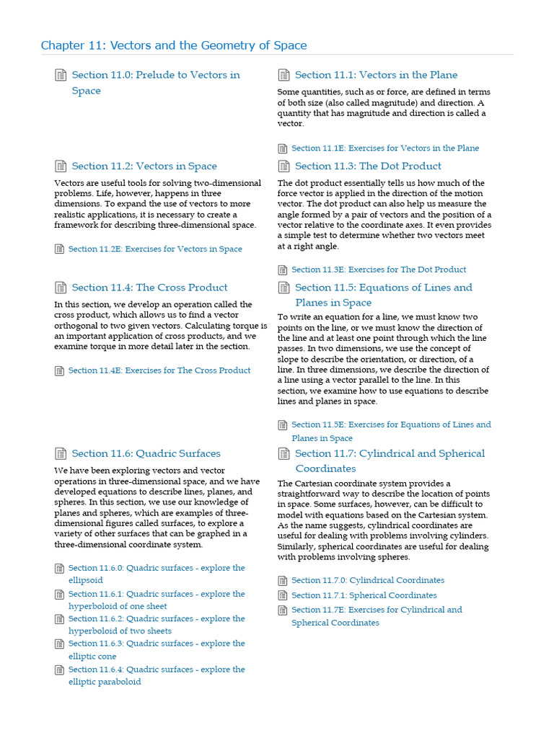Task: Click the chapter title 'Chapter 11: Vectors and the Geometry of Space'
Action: click(x=174, y=45)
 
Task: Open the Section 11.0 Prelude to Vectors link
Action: click(x=155, y=75)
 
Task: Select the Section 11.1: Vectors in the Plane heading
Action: click(x=376, y=75)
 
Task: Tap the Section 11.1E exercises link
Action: click(x=384, y=148)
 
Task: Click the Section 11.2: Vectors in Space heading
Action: click(x=144, y=166)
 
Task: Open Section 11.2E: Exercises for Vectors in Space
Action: click(x=155, y=249)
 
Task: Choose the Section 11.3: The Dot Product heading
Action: click(x=368, y=166)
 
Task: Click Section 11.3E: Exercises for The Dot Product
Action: click(x=379, y=270)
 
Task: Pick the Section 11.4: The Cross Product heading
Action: click(x=149, y=288)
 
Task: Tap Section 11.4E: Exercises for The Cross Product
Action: click(x=159, y=370)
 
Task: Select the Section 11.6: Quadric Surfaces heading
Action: click(x=146, y=453)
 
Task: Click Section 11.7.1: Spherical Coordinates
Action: click(x=364, y=595)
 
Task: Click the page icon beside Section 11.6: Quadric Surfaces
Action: click(x=61, y=453)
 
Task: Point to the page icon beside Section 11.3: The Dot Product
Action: click(x=283, y=166)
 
